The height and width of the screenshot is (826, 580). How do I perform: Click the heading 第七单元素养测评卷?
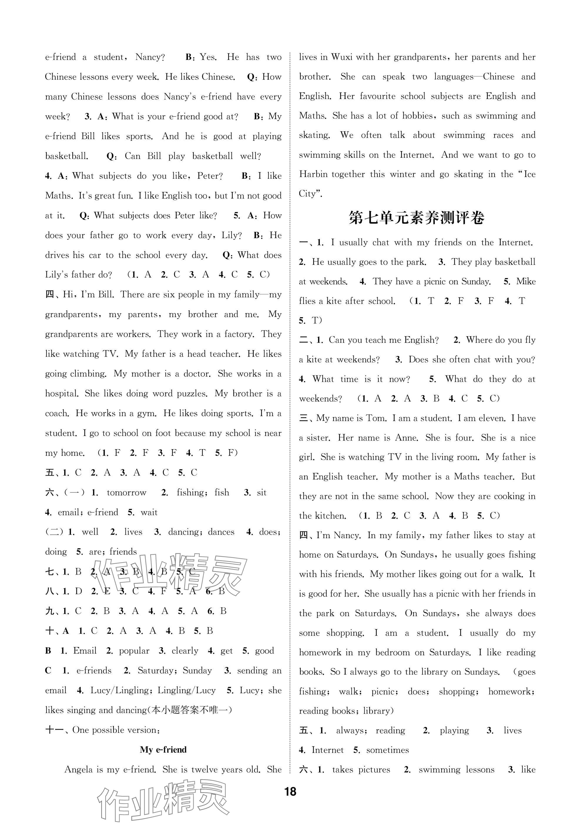pos(417,218)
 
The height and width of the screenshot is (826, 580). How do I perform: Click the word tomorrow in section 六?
pos(127,492)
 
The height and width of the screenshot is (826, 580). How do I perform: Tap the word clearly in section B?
pos(185,651)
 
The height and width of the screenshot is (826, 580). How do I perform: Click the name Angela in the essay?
pos(78,769)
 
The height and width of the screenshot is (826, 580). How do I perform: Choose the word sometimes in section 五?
pos(388,750)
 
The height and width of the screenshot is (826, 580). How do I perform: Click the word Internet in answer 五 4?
pos(328,750)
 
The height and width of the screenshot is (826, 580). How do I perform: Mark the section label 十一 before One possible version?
pos(55,730)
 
